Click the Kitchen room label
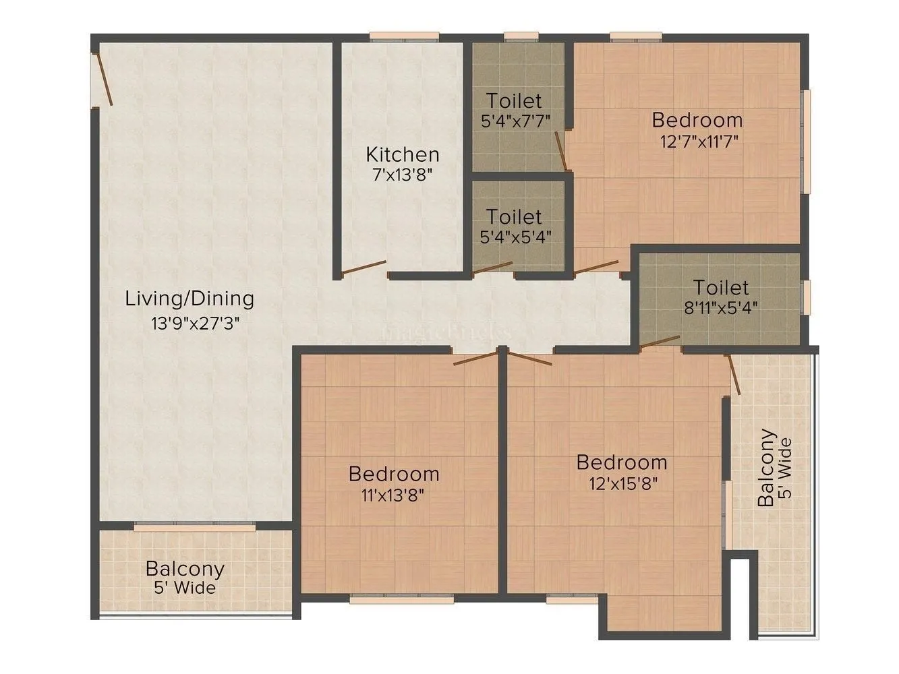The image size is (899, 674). coord(402,154)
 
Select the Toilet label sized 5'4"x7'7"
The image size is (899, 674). coord(514,101)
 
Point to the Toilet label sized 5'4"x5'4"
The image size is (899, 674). coord(514,217)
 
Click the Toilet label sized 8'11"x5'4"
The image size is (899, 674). coord(721,288)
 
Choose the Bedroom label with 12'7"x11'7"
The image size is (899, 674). coord(697,121)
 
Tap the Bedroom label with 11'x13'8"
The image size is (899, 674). coord(394,474)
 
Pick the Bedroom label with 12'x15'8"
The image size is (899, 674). coord(622,463)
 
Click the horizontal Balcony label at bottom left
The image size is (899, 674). coord(185,569)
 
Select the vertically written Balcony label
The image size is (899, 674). coord(766,468)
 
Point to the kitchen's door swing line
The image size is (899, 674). coord(364,268)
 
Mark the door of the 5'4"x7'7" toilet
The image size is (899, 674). coord(560,150)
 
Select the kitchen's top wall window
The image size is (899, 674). coord(404,37)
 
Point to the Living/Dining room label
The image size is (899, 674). coord(190,299)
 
